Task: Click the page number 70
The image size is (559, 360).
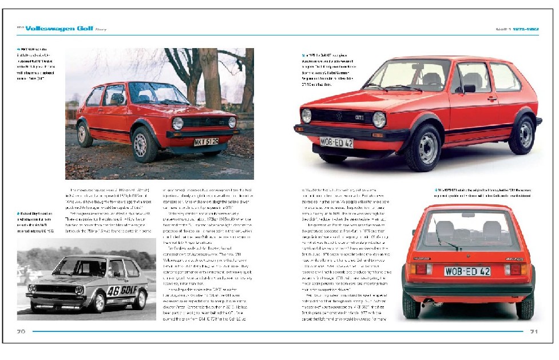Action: [21, 331]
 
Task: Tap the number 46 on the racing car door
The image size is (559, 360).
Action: [113, 291]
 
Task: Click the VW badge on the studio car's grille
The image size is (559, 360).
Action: [339, 116]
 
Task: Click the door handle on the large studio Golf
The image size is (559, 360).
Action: [491, 98]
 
